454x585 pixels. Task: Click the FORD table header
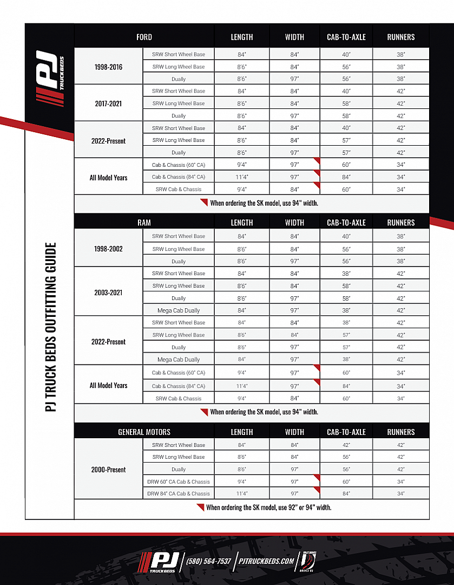click(x=144, y=37)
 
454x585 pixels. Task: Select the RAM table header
click(x=144, y=223)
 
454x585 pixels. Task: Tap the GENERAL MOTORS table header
click(x=144, y=432)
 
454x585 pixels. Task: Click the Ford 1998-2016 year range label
click(x=108, y=67)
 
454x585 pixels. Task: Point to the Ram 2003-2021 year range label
click(x=108, y=292)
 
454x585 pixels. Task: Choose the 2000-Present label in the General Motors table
click(x=108, y=470)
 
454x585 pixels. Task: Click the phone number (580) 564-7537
click(x=208, y=561)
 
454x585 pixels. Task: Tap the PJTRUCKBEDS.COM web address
click(x=267, y=561)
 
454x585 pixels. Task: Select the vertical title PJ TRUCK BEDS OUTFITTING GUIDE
click(x=50, y=327)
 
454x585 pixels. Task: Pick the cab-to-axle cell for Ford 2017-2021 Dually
click(x=346, y=116)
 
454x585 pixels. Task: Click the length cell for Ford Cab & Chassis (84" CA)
click(x=242, y=177)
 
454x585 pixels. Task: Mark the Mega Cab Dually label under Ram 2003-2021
click(x=179, y=311)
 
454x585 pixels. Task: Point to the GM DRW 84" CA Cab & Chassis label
click(x=179, y=494)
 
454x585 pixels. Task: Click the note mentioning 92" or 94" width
click(x=268, y=508)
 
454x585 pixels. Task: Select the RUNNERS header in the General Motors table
click(x=401, y=432)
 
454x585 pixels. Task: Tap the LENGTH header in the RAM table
click(x=242, y=223)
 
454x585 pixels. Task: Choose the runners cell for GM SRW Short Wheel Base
click(x=401, y=445)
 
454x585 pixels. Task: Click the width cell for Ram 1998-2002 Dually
click(x=294, y=262)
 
